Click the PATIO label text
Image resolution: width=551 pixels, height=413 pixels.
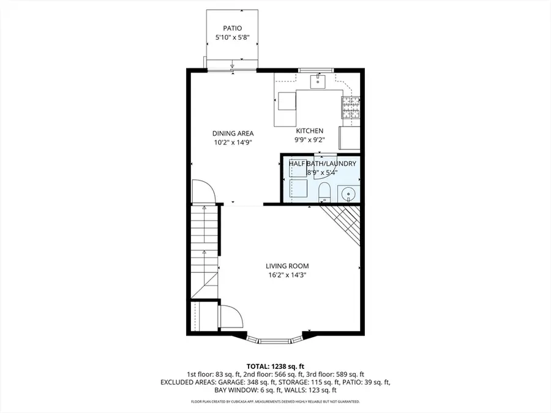click(233, 28)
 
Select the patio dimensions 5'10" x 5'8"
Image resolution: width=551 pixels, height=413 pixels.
click(233, 37)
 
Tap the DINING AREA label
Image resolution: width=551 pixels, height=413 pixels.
click(233, 133)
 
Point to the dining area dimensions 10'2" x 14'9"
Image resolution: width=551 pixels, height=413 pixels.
click(233, 143)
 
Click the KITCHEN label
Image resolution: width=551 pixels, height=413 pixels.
click(310, 131)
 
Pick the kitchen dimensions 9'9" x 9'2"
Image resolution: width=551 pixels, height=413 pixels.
click(310, 140)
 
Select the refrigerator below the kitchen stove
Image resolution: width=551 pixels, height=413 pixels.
click(350, 137)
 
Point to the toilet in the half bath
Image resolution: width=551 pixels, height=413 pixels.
click(324, 193)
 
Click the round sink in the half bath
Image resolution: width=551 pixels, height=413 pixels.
click(349, 195)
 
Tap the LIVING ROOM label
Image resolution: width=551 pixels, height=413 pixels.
click(287, 266)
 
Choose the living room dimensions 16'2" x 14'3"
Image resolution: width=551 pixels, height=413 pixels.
click(287, 275)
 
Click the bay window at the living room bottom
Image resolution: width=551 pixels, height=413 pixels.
click(275, 338)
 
